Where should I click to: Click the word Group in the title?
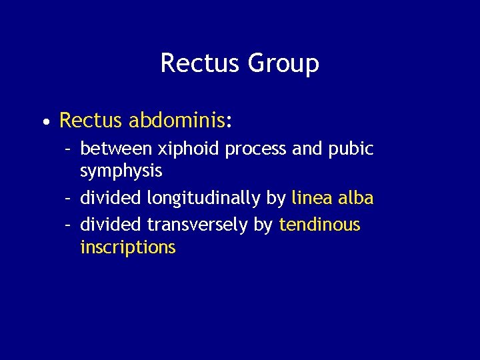tap(283, 64)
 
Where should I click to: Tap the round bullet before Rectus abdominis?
tap(45, 123)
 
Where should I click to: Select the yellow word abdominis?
tap(177, 121)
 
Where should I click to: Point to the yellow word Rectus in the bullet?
tap(91, 121)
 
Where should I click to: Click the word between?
tap(115, 149)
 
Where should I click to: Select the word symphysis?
tap(121, 172)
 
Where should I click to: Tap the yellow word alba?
tap(355, 198)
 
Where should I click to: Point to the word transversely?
tap(198, 225)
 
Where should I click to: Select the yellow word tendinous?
tap(320, 225)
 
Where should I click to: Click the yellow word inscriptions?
tap(128, 248)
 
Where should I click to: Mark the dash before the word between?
tap(68, 149)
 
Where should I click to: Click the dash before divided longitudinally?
tap(68, 199)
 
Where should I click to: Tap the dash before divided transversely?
tap(68, 225)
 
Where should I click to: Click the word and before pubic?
tap(307, 149)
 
